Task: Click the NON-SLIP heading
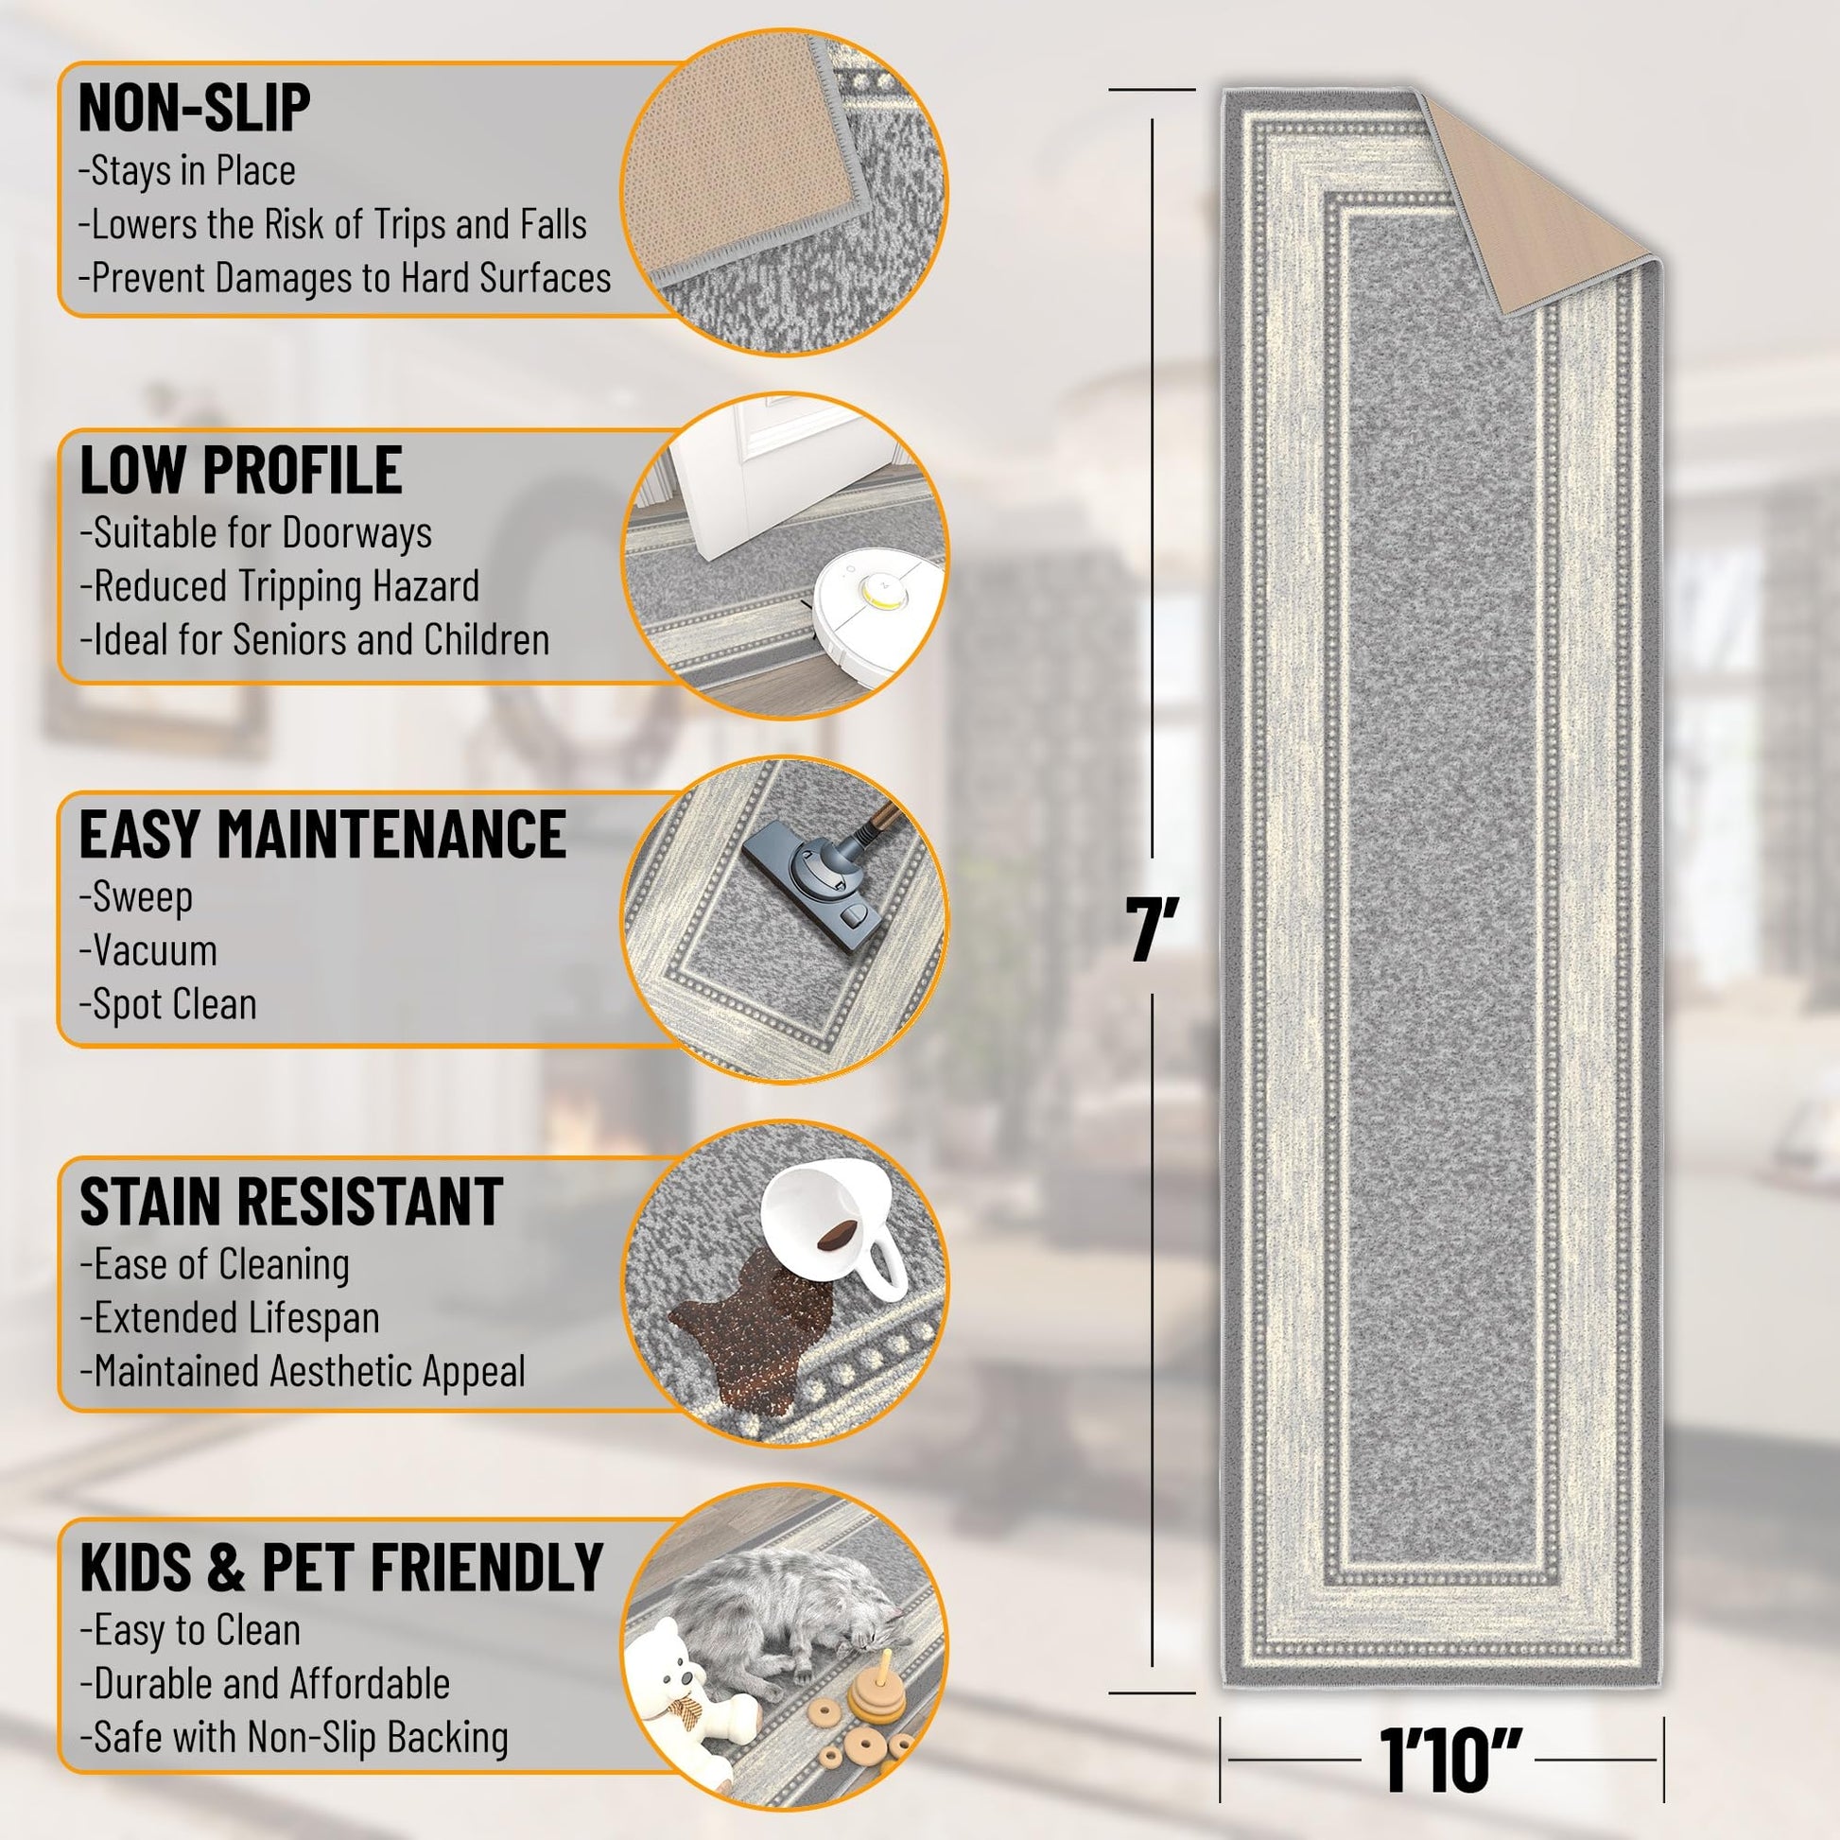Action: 194,108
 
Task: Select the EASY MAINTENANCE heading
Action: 322,834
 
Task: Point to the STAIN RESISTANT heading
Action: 291,1201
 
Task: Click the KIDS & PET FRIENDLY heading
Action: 342,1566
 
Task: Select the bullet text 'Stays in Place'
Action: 187,171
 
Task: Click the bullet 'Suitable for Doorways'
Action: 256,533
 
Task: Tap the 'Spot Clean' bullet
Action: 168,1005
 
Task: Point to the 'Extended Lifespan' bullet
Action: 230,1318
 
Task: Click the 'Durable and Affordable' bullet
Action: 265,1684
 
